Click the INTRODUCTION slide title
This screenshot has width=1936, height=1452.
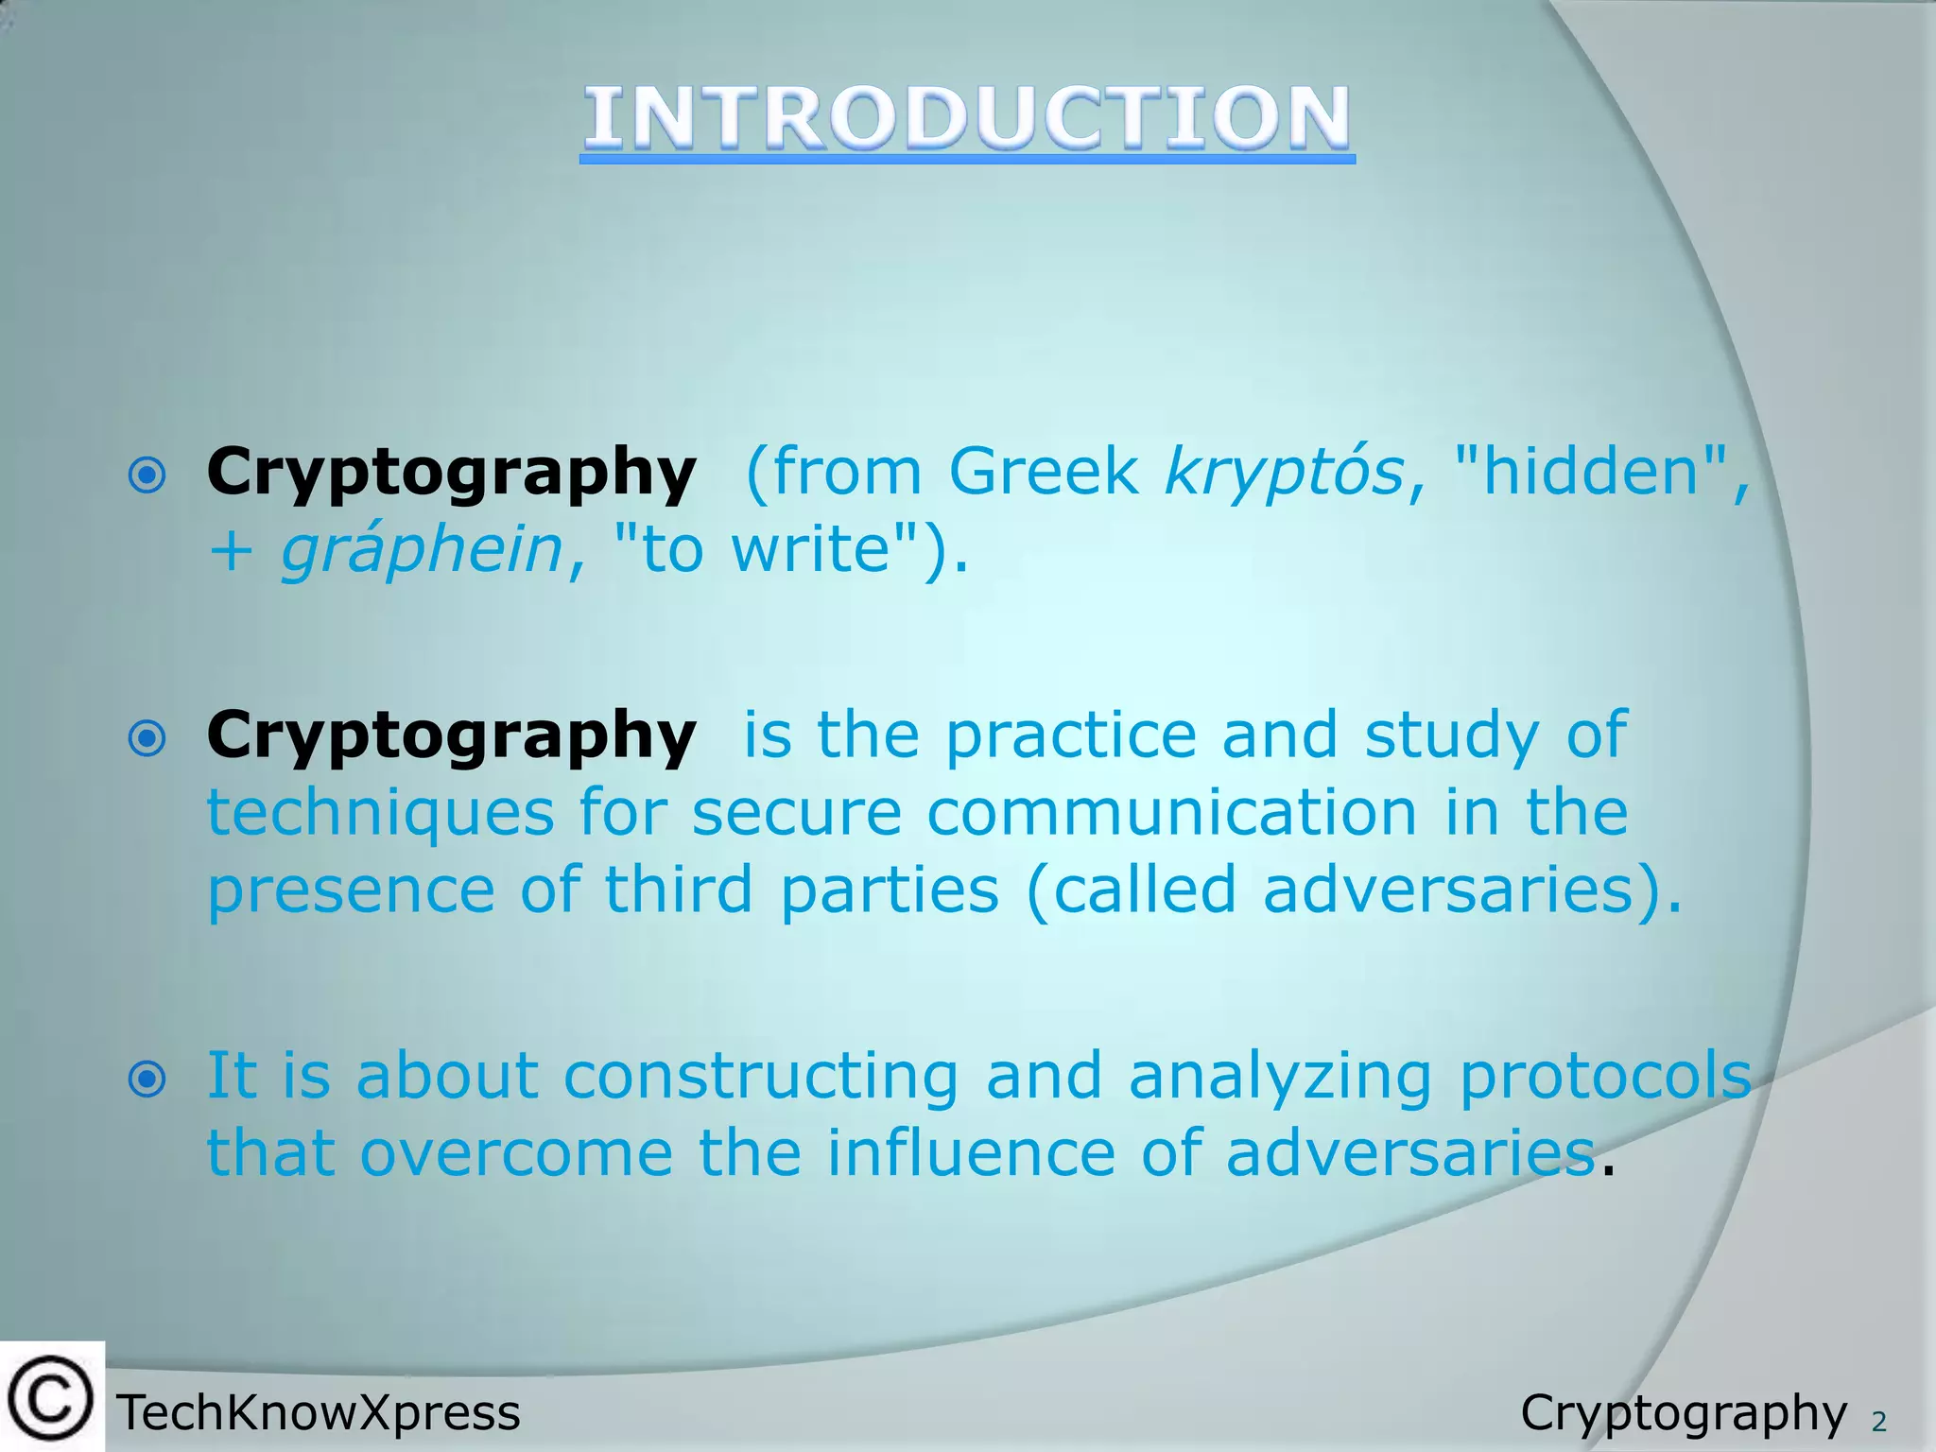coord(967,118)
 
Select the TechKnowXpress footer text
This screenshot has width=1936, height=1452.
coord(319,1413)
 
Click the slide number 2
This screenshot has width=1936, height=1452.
coord(1878,1421)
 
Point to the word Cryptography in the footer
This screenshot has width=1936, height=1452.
coord(1683,1413)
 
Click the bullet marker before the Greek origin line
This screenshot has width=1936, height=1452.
coord(147,475)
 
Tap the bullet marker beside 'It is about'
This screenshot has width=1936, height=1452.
coord(147,1079)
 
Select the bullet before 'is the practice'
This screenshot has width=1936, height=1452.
coord(147,738)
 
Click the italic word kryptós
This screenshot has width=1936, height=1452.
coord(1285,472)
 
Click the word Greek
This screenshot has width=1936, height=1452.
coord(1044,471)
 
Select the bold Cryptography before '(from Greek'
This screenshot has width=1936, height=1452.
coord(451,472)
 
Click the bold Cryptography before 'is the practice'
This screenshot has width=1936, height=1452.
coord(451,735)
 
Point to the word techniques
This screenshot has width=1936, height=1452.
coord(380,812)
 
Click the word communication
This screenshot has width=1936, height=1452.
coord(1171,812)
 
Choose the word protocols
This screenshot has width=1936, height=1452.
coord(1605,1076)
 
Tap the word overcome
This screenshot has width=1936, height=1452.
coord(516,1153)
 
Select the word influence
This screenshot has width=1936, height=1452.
coord(971,1153)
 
